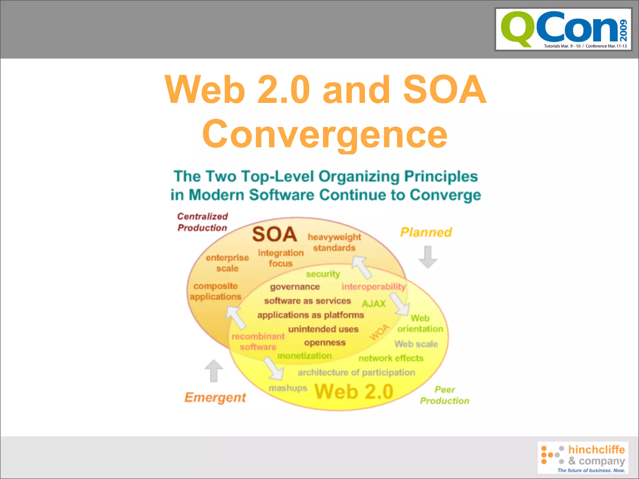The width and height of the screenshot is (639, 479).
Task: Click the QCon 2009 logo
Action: coord(563,29)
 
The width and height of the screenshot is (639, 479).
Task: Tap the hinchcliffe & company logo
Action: coord(583,457)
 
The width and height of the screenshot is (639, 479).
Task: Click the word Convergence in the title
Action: coord(325,134)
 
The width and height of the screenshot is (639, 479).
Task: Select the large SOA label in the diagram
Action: coord(274,235)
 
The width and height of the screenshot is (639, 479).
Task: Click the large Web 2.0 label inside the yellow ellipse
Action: coord(354,392)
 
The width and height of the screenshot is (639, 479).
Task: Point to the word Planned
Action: coord(426,232)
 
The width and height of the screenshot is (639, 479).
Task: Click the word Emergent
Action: coord(215,398)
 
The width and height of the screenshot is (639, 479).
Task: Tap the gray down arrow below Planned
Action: coord(427,257)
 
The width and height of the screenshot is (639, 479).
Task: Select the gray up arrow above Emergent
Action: coord(214,371)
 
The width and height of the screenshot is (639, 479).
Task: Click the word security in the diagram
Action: coord(323,274)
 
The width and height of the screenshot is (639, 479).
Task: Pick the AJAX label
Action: coord(374,303)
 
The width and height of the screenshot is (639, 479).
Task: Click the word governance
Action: coord(295,287)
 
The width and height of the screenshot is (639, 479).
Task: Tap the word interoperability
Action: coord(373,286)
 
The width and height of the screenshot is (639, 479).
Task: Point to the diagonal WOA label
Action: coord(379,332)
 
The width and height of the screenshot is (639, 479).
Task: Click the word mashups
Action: coord(288,388)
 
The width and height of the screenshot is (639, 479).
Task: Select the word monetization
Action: coord(305,356)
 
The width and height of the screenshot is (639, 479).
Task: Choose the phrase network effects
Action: coord(391,358)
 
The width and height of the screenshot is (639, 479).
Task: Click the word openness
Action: coord(325,342)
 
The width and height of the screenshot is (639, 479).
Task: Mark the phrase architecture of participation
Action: coord(356,372)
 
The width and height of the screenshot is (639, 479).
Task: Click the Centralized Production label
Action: coord(202,222)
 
